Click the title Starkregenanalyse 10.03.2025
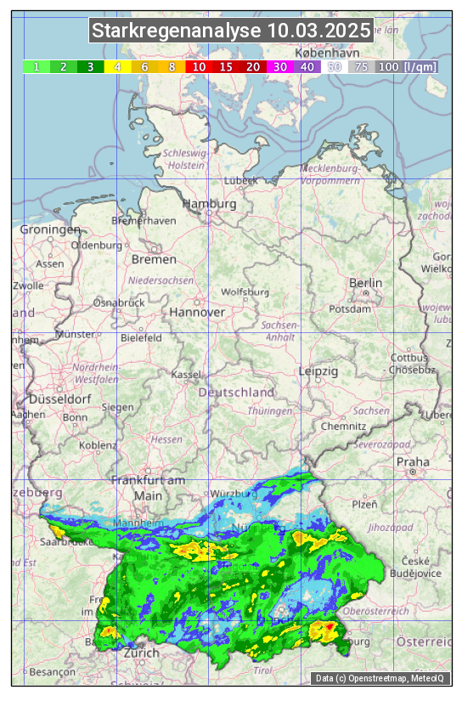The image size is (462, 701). [231, 31]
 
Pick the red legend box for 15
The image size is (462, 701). [226, 66]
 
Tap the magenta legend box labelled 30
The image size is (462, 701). [280, 66]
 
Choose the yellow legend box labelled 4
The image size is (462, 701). [118, 66]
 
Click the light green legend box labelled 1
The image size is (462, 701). [37, 66]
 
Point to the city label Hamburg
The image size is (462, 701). [210, 205]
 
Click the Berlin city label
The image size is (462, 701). [366, 283]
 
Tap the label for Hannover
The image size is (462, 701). [197, 313]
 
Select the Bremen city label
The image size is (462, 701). [154, 259]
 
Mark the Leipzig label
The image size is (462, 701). [318, 372]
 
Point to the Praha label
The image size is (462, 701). [413, 462]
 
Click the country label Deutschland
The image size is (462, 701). [236, 393]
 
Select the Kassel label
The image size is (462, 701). [186, 375]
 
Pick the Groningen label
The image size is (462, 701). [50, 230]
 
